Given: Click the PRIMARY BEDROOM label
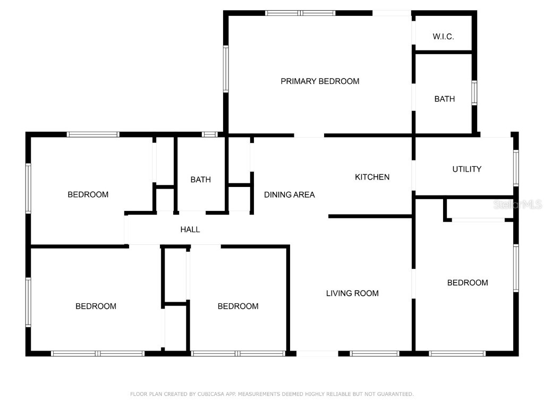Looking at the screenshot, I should [320, 81].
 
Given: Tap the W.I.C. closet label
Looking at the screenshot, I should [443, 37].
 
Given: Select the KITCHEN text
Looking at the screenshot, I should [372, 177].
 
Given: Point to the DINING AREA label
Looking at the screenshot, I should [290, 195].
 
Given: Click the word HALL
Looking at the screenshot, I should [190, 229].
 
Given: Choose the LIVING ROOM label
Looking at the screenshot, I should [352, 293].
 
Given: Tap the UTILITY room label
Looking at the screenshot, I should [466, 169].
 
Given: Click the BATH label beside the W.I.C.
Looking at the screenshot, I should [444, 99].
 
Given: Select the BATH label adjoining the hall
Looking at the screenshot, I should [200, 180].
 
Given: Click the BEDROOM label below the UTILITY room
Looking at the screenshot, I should [467, 283].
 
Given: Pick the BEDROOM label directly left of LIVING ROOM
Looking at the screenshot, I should [238, 306].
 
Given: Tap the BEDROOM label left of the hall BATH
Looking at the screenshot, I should [88, 194].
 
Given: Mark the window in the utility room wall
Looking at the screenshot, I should [515, 168].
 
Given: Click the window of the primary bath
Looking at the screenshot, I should [474, 93].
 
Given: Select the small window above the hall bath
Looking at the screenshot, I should [210, 134].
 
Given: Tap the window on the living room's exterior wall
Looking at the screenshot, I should [375, 353].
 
